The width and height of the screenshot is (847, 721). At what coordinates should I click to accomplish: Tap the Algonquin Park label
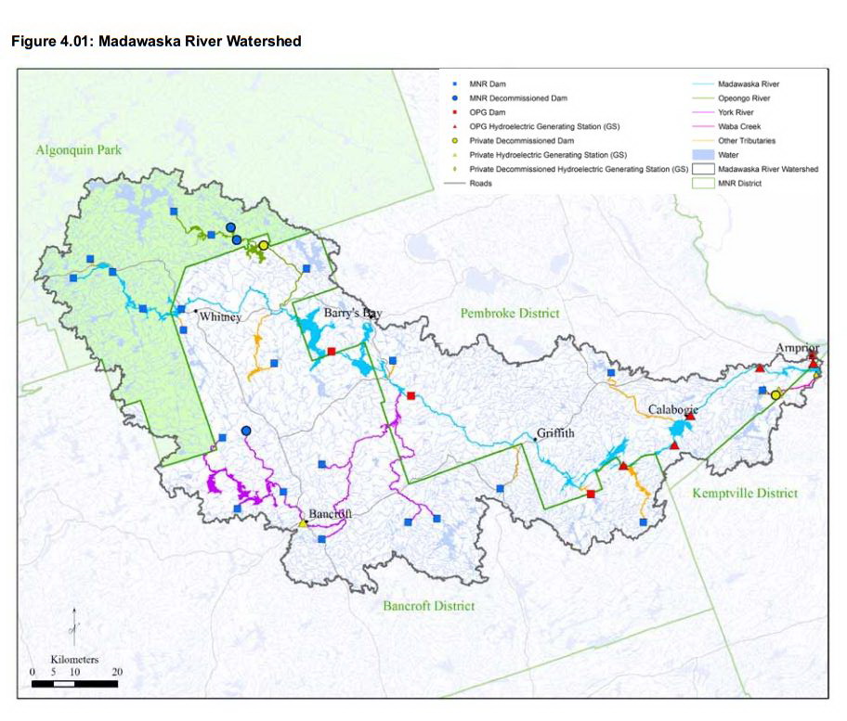pyautogui.click(x=80, y=149)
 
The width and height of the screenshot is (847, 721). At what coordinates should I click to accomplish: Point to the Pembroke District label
pyautogui.click(x=510, y=314)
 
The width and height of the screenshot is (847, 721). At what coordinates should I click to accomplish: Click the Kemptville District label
pyautogui.click(x=745, y=493)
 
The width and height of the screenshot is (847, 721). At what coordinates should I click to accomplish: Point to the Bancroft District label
pyautogui.click(x=428, y=605)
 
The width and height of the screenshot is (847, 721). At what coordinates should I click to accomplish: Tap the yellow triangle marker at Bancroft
pyautogui.click(x=302, y=524)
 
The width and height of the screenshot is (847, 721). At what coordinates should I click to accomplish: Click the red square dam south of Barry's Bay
pyautogui.click(x=332, y=352)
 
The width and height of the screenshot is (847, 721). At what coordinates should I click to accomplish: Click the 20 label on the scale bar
pyautogui.click(x=116, y=672)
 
